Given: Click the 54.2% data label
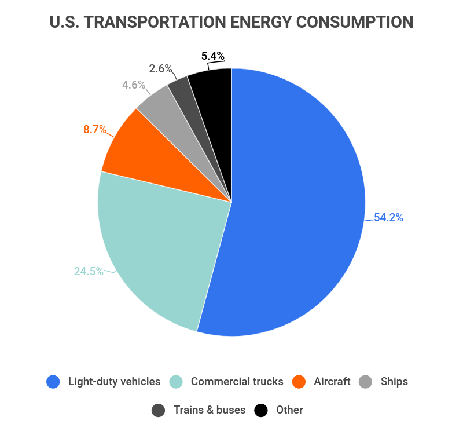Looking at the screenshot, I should point(388,218).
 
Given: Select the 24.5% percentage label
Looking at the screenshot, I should point(89,271).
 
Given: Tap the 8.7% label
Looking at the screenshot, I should point(95,129).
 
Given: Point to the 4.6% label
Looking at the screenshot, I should point(134,85).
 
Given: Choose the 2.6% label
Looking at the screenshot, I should point(160,68).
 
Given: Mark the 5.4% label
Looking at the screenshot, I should point(213,56).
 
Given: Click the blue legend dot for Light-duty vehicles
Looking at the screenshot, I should point(53,382).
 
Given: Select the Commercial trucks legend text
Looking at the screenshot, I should point(237,382).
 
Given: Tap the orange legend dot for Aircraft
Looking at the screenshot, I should point(299,382).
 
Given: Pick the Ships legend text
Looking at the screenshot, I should point(394,382).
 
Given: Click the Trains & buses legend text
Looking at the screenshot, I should point(210,410).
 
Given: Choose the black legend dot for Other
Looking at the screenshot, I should point(262,410).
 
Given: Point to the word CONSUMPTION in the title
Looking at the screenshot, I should point(355,22).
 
